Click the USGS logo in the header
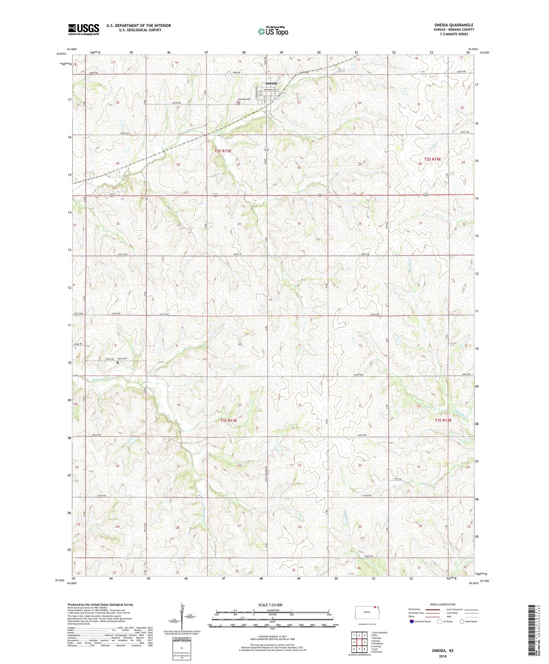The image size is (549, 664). (x=83, y=29)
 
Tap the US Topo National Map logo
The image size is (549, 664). (x=273, y=31)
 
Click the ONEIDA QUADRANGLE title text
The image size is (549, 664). (x=454, y=25)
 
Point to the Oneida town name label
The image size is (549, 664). (x=271, y=83)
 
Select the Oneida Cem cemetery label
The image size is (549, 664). (x=244, y=99)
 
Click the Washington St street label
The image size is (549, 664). (x=271, y=90)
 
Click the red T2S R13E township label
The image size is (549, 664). (x=223, y=151)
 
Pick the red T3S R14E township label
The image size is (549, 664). (x=443, y=420)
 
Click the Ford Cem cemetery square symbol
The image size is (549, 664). (x=117, y=362)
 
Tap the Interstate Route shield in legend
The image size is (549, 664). (x=412, y=621)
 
